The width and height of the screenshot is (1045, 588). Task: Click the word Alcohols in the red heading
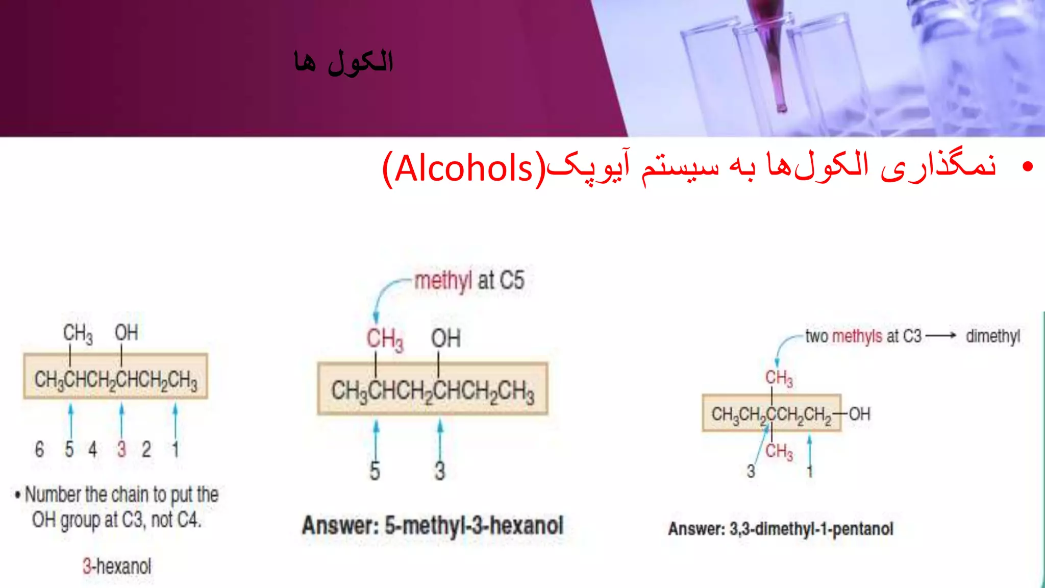(x=463, y=169)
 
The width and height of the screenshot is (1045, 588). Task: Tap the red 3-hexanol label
(x=117, y=566)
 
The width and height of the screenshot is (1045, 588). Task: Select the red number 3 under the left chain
(x=121, y=449)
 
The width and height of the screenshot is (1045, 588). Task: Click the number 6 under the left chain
(x=39, y=449)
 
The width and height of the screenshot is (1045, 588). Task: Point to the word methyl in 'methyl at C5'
(x=443, y=281)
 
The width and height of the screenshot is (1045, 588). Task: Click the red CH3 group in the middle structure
(x=385, y=339)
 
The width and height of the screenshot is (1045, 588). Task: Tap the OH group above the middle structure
(x=445, y=338)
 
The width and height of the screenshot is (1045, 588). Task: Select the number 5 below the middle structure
(x=375, y=471)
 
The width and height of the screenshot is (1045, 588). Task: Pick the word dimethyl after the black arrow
(x=992, y=336)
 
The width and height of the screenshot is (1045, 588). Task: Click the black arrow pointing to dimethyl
(x=941, y=336)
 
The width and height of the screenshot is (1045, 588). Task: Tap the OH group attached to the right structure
(x=860, y=413)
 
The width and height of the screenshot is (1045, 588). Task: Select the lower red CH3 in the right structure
(x=779, y=451)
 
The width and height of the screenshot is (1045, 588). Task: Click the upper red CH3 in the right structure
(x=779, y=378)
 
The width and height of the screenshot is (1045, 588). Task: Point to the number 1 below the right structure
(x=810, y=471)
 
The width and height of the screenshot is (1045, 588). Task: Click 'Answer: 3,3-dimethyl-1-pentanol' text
(x=781, y=529)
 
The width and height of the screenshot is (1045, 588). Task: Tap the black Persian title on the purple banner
(x=343, y=62)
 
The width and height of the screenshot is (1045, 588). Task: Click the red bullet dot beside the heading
(x=1028, y=166)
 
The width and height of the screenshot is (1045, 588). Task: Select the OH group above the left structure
(x=126, y=333)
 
